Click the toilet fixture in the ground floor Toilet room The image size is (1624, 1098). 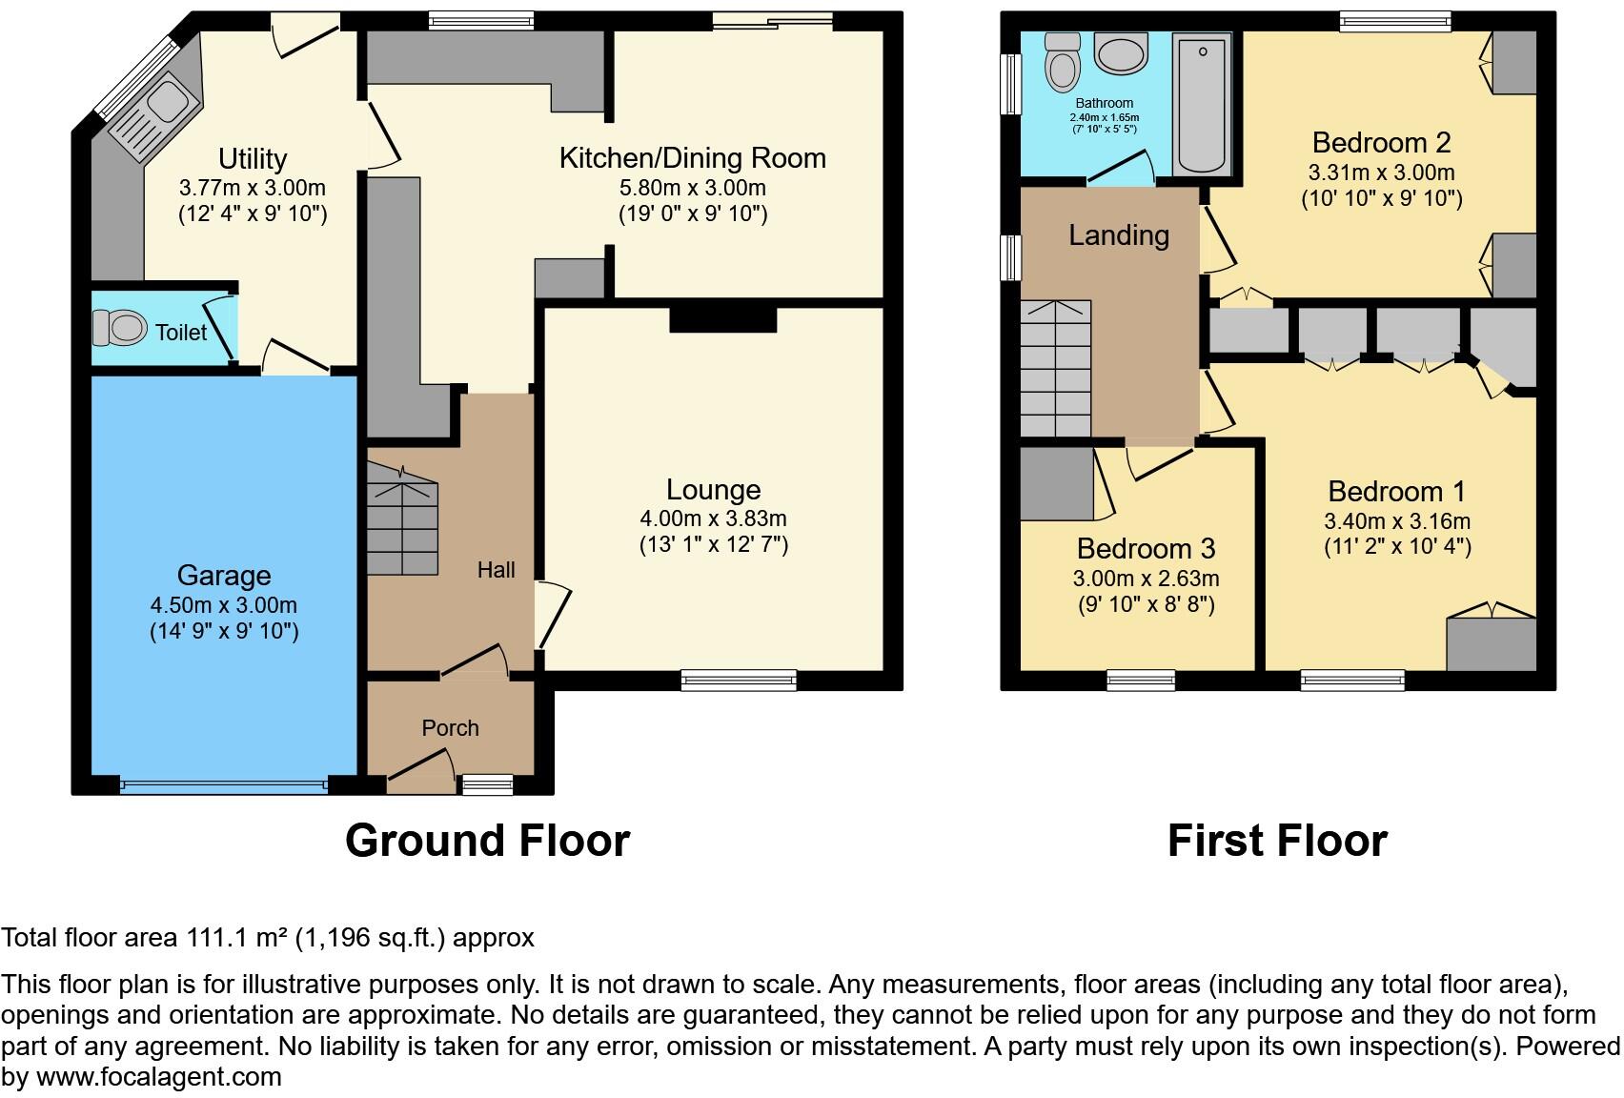click(x=120, y=328)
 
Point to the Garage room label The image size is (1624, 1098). click(x=224, y=576)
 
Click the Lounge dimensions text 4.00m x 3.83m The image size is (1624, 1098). click(x=713, y=518)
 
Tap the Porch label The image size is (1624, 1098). click(x=450, y=728)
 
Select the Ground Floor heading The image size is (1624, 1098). click(x=487, y=841)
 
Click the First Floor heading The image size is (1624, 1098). click(x=1276, y=841)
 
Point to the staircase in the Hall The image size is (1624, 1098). click(x=402, y=519)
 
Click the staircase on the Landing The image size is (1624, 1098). click(x=1055, y=368)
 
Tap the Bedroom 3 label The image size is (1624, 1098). click(x=1146, y=549)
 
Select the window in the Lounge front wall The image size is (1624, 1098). click(x=739, y=680)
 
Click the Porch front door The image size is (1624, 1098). click(x=420, y=772)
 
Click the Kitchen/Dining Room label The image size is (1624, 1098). click(x=692, y=158)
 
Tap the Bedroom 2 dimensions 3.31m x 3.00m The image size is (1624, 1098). click(x=1381, y=173)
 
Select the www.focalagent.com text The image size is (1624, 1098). click(x=159, y=1078)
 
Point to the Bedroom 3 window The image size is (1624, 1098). click(x=1141, y=680)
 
